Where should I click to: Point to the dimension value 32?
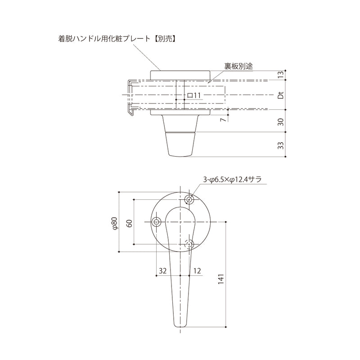click(163, 271)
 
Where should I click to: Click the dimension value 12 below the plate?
click(197, 271)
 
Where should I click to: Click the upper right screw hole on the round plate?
click(190, 199)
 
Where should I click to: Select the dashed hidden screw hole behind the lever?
click(190, 244)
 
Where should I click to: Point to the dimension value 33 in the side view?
click(280, 145)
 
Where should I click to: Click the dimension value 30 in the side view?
click(280, 121)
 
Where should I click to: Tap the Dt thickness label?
click(280, 95)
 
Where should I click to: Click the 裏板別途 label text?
click(238, 66)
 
